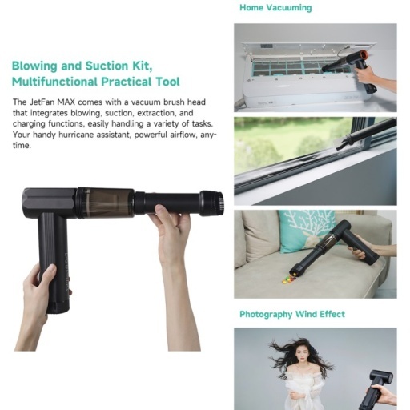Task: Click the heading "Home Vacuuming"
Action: click(275, 7)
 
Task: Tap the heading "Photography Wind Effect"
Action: click(292, 314)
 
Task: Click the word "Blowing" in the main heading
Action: click(34, 66)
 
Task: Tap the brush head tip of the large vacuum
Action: click(218, 203)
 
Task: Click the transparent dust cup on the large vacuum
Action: click(106, 203)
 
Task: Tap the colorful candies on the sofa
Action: click(288, 279)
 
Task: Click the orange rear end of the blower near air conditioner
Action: click(364, 55)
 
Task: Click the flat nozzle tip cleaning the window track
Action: click(344, 143)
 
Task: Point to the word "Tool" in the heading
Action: click(168, 82)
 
